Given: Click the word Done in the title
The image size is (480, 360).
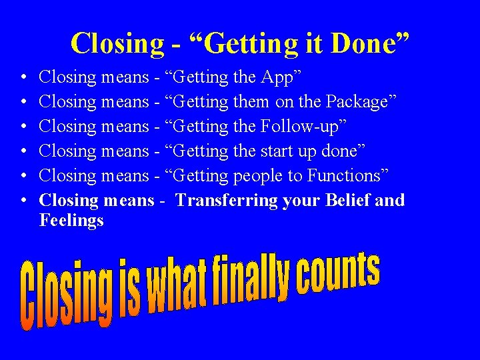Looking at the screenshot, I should coord(372,43).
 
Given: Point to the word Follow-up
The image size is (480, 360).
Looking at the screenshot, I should coord(298,127).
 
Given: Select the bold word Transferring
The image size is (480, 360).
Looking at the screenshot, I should coord(227,201).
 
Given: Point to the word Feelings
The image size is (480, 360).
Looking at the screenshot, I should coord(71,220).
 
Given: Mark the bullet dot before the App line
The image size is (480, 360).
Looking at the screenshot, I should coord(23,78).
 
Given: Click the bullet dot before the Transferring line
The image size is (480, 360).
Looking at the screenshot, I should coord(23,200).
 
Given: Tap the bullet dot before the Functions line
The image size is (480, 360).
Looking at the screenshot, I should coord(23,176).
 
